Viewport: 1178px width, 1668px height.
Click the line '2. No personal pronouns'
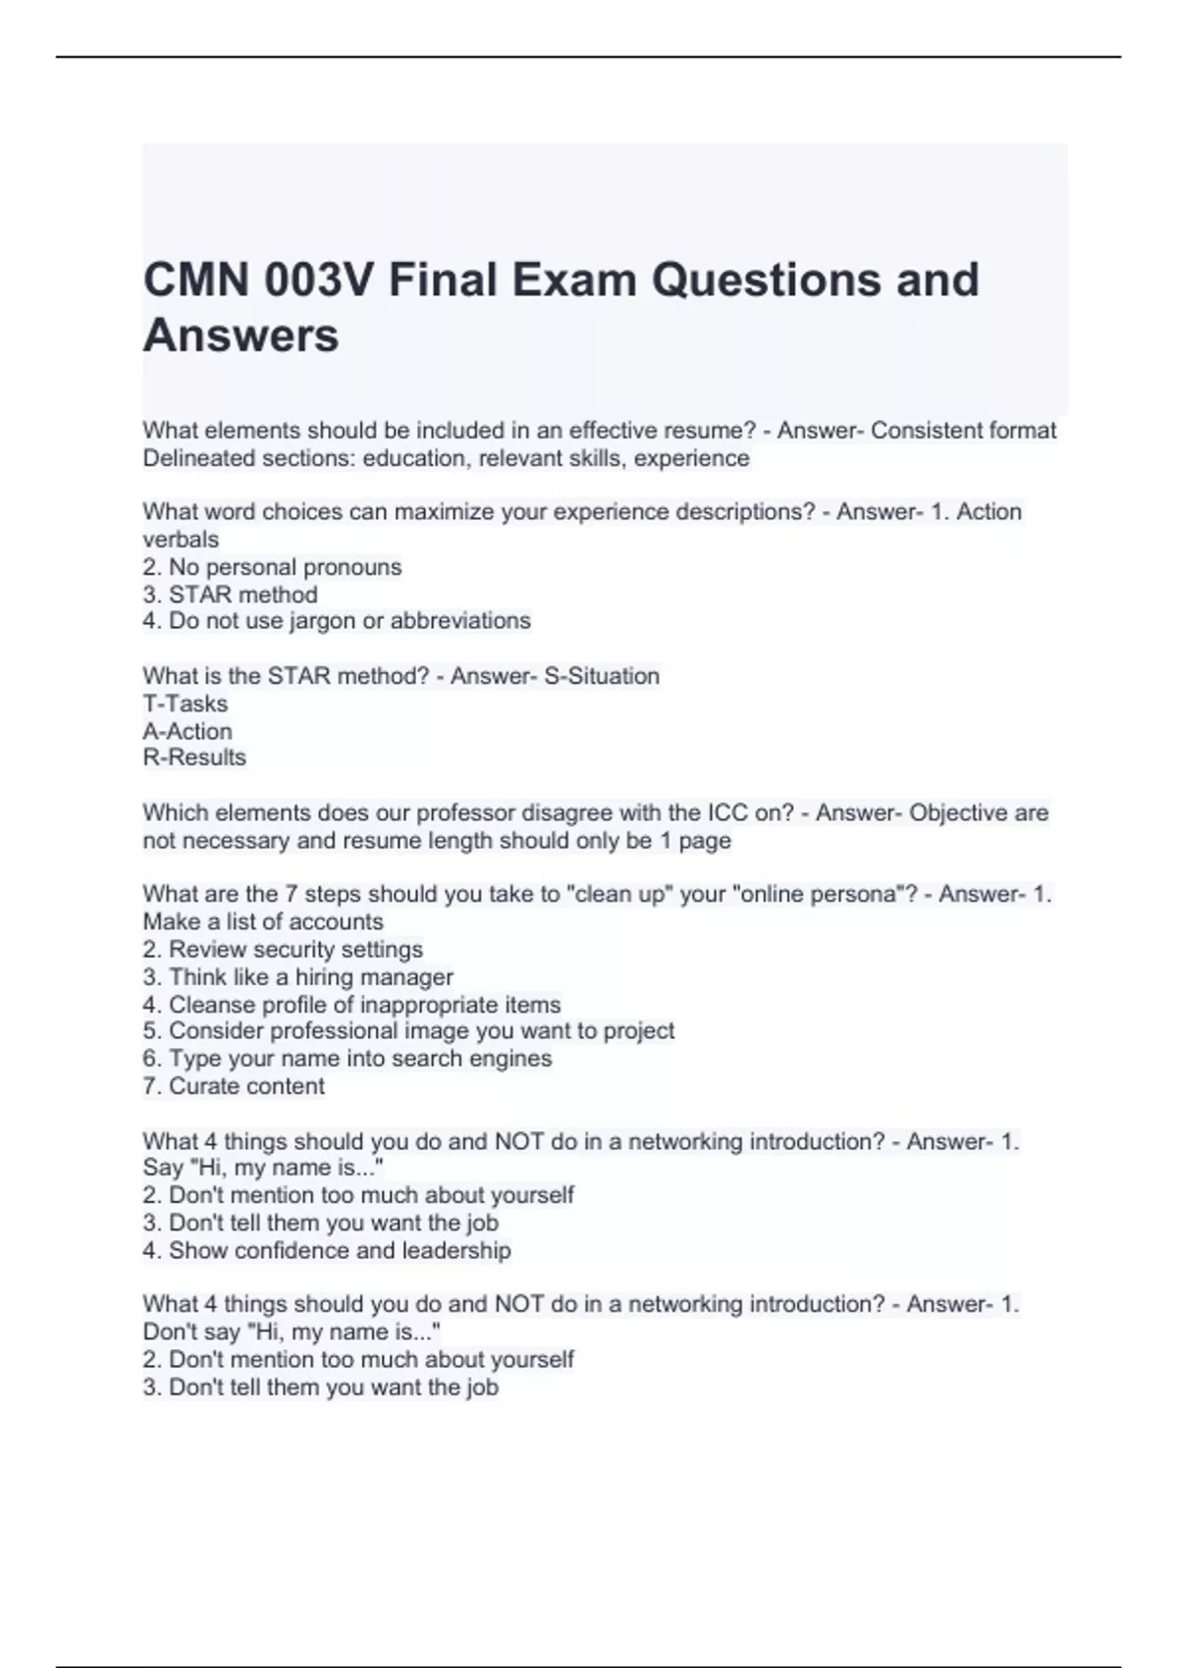272,567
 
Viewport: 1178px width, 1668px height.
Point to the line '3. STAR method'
230,595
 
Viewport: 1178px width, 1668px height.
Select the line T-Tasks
185,704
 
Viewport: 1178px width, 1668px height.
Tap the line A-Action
187,731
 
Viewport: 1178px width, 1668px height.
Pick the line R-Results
193,757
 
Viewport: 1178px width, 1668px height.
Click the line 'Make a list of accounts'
262,922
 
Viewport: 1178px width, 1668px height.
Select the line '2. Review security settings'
283,950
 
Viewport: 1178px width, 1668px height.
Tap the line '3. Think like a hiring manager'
297,977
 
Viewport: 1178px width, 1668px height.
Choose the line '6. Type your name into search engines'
347,1059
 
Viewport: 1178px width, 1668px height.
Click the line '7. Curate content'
233,1086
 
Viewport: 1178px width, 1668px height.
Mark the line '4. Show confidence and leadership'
326,1251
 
